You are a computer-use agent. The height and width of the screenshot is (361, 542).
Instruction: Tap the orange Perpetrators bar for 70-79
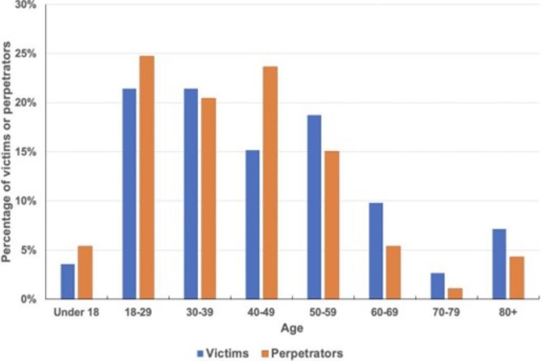[455, 293]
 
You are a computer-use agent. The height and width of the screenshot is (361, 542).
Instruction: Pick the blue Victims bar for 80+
[499, 263]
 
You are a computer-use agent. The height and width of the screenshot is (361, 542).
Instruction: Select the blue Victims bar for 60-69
[375, 250]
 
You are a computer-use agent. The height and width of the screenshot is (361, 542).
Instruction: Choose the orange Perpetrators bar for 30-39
[209, 198]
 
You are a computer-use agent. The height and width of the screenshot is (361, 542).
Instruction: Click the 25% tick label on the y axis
[26, 54]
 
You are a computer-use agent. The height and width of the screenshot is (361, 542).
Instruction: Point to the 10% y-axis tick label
[26, 201]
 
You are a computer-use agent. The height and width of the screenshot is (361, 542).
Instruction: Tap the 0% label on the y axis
[28, 299]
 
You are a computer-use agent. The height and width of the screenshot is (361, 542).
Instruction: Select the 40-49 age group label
[261, 312]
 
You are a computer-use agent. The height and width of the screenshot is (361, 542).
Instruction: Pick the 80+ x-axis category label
[508, 312]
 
